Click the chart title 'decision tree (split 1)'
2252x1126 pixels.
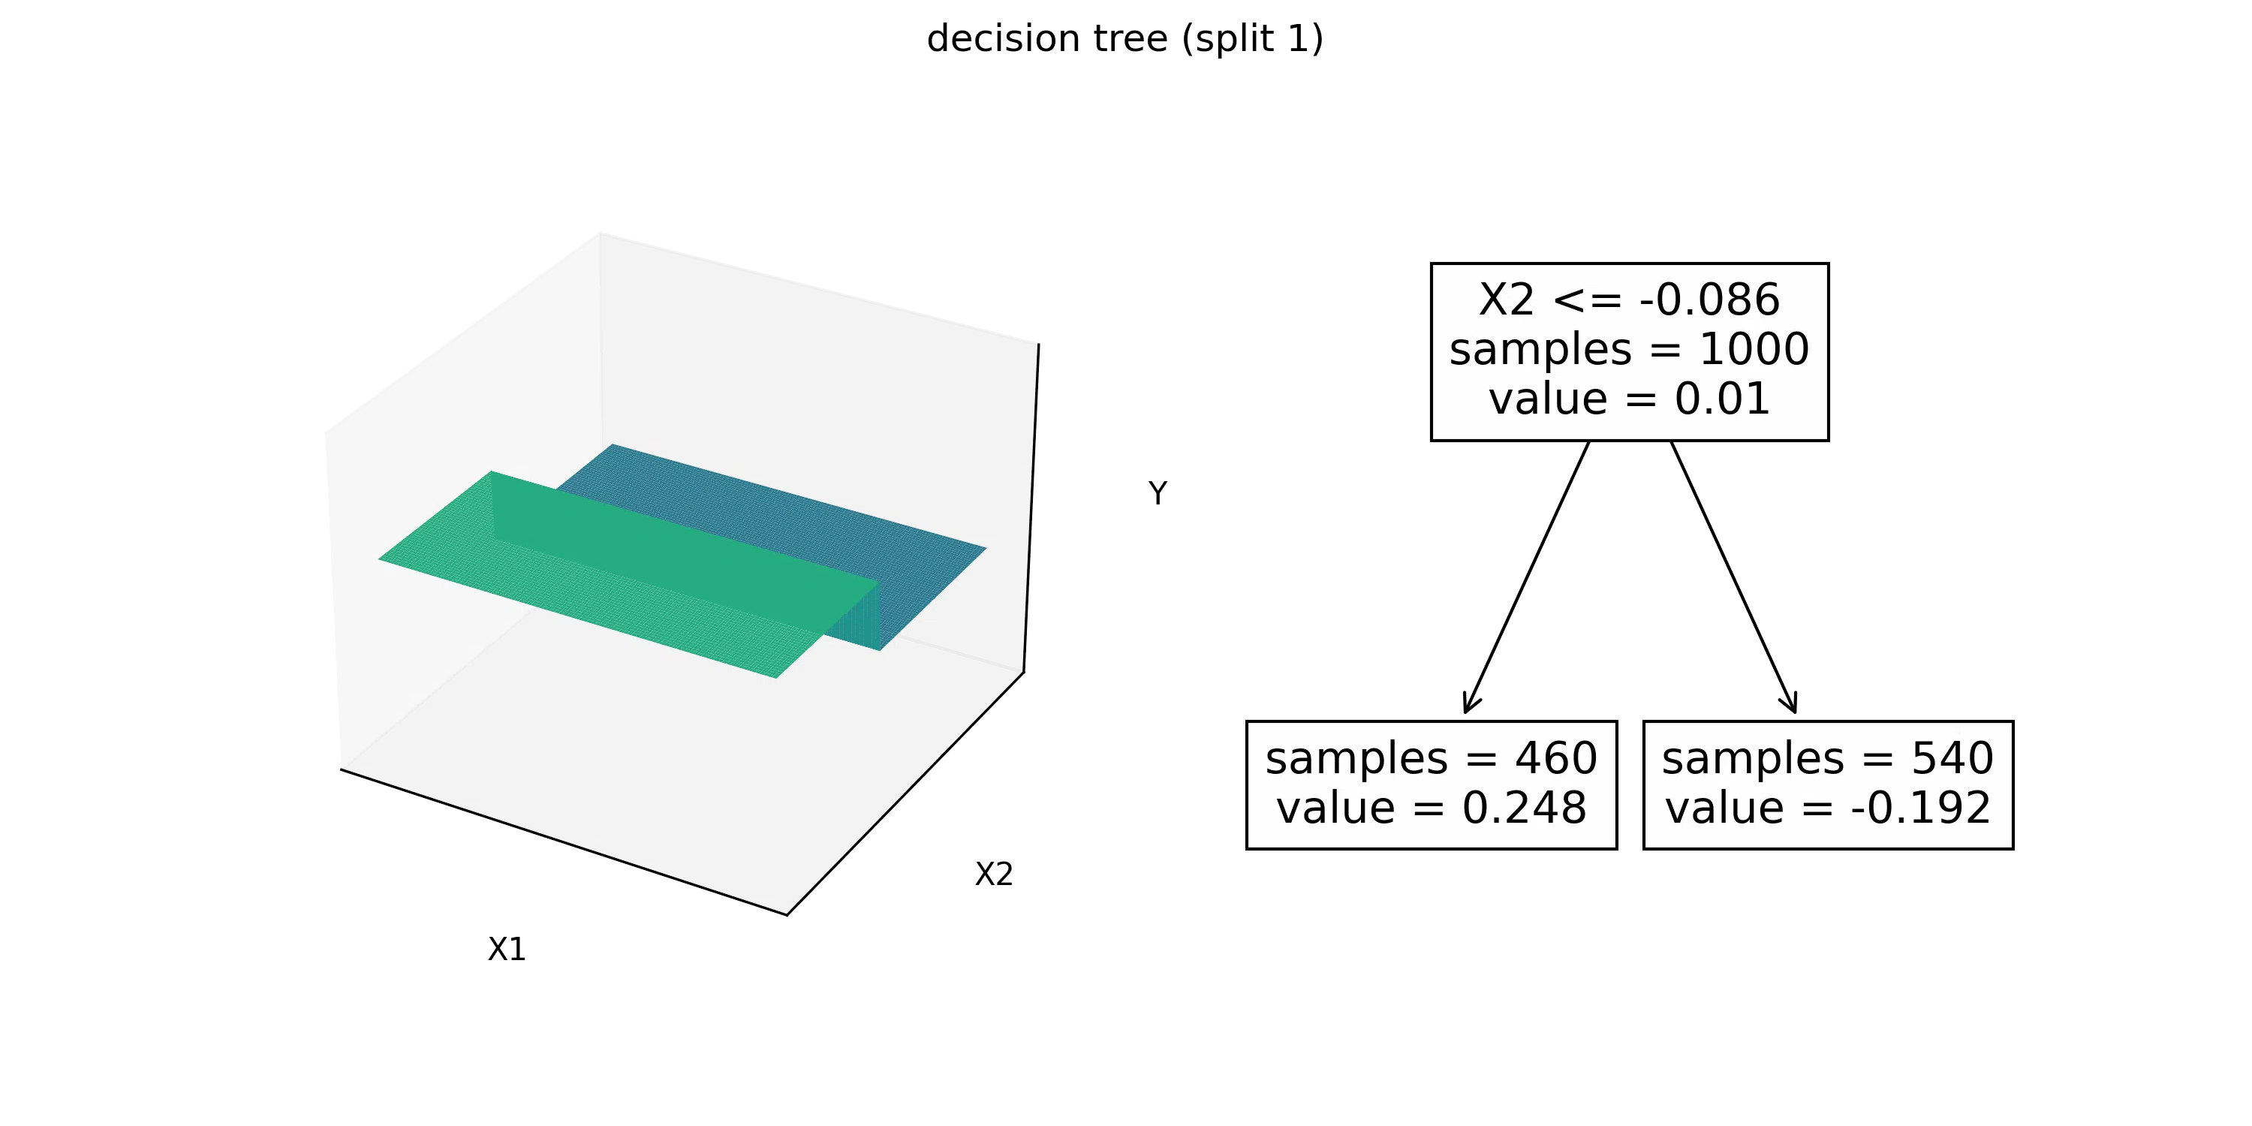1125,39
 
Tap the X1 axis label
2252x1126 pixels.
507,950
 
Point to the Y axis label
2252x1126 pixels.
1158,494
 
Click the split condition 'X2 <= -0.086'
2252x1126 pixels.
1629,300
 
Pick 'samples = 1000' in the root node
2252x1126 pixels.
1629,350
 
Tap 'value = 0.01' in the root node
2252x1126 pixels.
1629,399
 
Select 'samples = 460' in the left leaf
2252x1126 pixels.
1431,758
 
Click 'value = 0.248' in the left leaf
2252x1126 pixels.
1431,808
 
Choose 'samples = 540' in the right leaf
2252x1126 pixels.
1828,758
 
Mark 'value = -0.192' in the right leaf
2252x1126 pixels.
1828,808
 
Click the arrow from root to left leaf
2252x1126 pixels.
1526,577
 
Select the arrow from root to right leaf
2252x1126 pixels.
1733,577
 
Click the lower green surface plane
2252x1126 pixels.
612,586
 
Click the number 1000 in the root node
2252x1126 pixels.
1754,350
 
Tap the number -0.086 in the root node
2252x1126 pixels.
1710,300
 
